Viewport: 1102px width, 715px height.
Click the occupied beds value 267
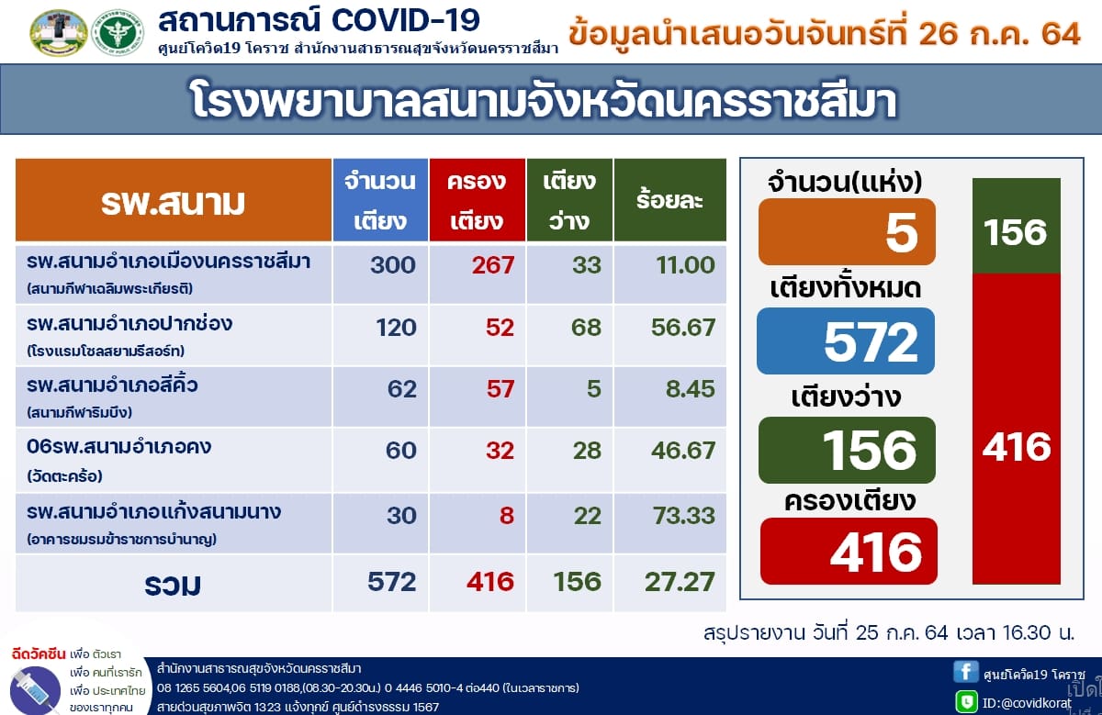pyautogui.click(x=493, y=265)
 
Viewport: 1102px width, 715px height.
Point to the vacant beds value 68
pyautogui.click(x=586, y=328)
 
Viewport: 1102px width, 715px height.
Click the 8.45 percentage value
pyautogui.click(x=690, y=389)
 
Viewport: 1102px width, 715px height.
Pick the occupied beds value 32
pyautogui.click(x=500, y=451)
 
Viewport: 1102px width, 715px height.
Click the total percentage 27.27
pyautogui.click(x=680, y=582)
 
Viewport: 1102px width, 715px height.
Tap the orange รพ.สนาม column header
pyautogui.click(x=174, y=200)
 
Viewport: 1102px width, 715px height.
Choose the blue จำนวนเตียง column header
pyautogui.click(x=380, y=200)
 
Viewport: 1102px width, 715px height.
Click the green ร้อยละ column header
pyautogui.click(x=670, y=200)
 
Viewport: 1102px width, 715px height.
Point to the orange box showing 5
pyautogui.click(x=847, y=231)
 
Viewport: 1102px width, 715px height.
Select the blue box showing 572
pyautogui.click(x=846, y=341)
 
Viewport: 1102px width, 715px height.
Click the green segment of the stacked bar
pyautogui.click(x=1017, y=226)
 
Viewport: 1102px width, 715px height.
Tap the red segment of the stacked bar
pyautogui.click(x=1017, y=429)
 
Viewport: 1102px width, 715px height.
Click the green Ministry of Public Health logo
pyautogui.click(x=118, y=33)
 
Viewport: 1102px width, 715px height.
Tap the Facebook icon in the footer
pyautogui.click(x=965, y=672)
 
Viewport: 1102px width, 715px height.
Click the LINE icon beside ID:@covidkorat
pyautogui.click(x=966, y=701)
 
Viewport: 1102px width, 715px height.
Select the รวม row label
pyautogui.click(x=173, y=585)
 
